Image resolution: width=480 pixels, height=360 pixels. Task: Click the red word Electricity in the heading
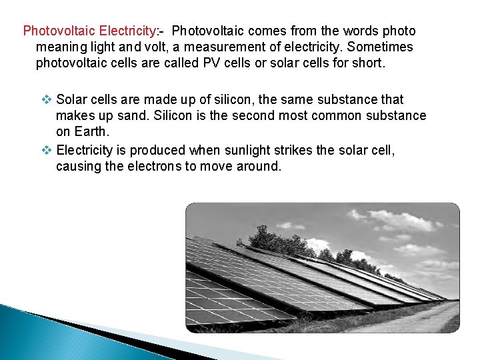(127, 31)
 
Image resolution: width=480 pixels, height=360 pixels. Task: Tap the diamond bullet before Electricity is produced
(47, 150)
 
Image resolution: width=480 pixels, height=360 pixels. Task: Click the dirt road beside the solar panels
(427, 318)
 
